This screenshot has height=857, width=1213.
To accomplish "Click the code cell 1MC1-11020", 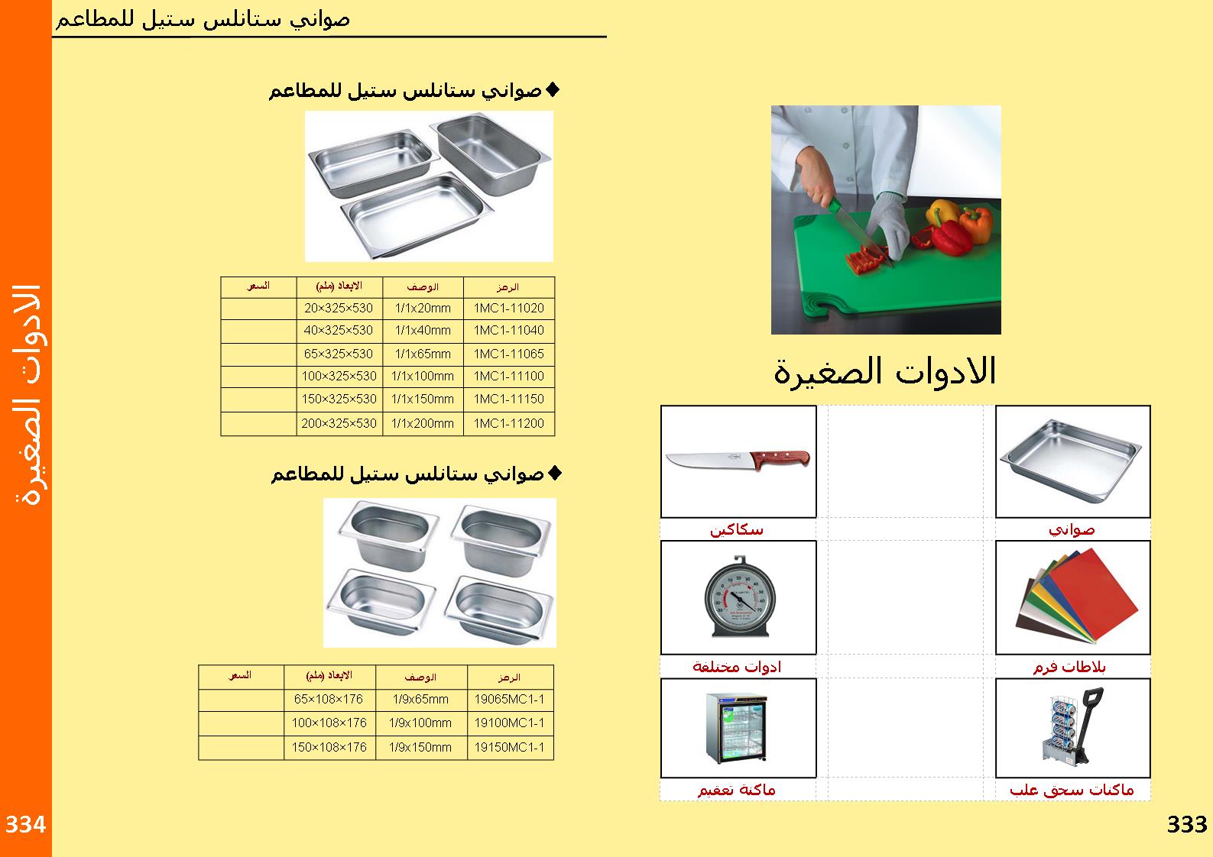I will click(x=509, y=309).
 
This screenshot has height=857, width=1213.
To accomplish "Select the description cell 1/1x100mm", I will click(x=423, y=377).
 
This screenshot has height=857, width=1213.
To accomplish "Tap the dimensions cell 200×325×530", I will click(x=339, y=423).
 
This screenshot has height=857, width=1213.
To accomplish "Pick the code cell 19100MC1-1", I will click(x=510, y=723).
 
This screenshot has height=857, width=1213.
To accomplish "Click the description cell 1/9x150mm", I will click(x=420, y=747).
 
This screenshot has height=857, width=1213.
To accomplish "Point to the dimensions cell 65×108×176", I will click(x=329, y=699).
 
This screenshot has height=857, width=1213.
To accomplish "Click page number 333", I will click(x=1187, y=825).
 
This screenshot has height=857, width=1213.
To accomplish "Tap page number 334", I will click(x=26, y=825).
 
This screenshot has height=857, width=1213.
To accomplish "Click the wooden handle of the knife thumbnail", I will click(x=780, y=461).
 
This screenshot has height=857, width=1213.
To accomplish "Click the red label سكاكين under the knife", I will click(x=737, y=529).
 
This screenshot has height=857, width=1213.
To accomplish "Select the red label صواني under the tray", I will click(x=1072, y=529).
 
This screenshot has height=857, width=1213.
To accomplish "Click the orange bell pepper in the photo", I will click(x=975, y=223).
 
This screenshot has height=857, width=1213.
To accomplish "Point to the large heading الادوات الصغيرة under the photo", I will click(x=885, y=372).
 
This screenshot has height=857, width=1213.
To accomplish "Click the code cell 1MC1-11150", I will click(x=509, y=399).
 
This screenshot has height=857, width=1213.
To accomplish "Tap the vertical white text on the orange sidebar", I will click(x=27, y=394).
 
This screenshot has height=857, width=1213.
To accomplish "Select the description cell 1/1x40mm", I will click(x=423, y=331).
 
